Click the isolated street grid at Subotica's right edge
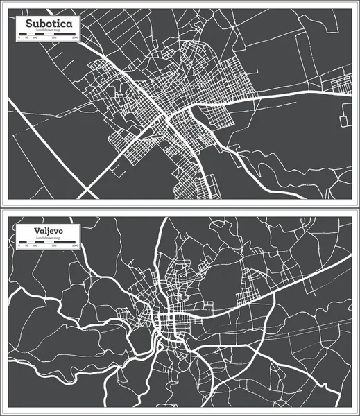(x=343, y=85)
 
